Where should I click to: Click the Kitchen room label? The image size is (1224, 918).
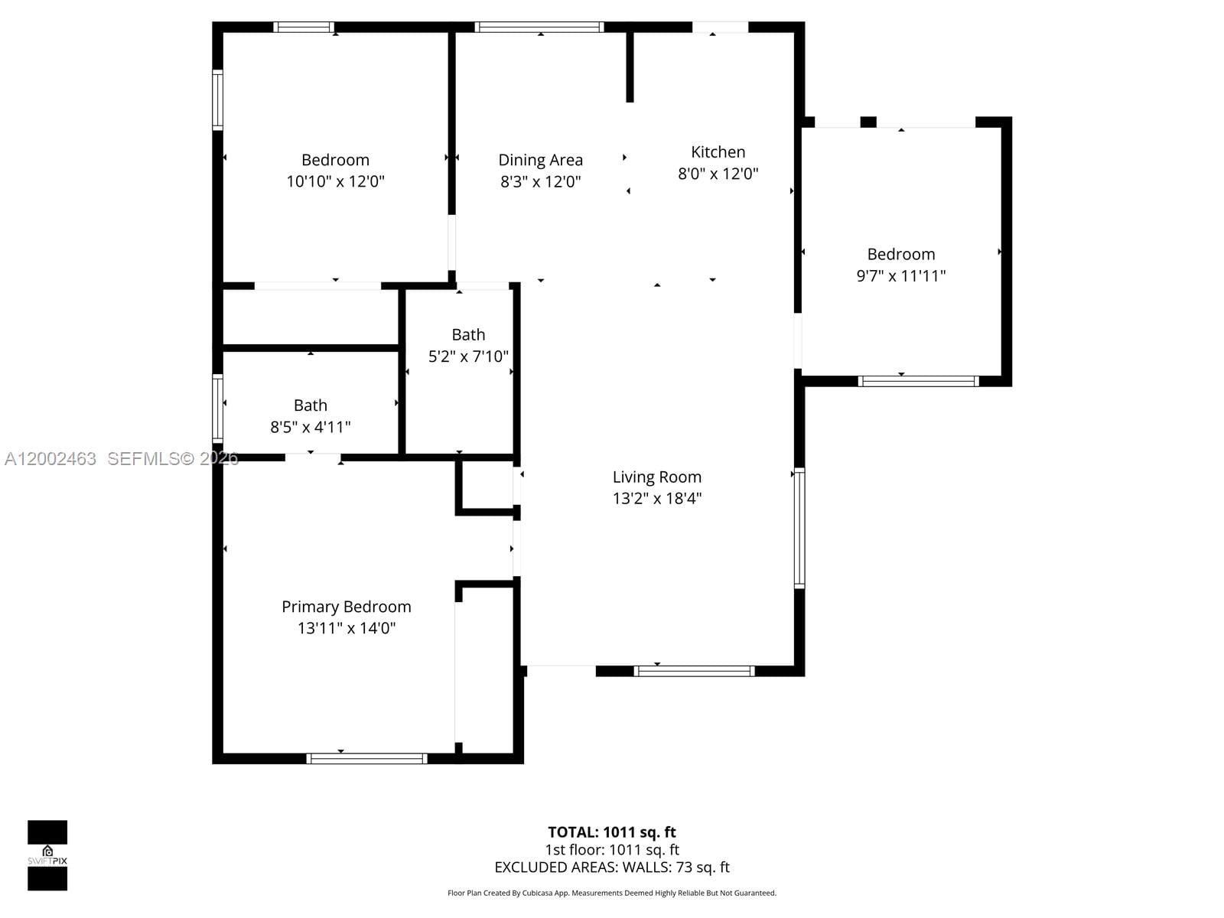pyautogui.click(x=718, y=152)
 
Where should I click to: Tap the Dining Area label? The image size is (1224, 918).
pyautogui.click(x=540, y=160)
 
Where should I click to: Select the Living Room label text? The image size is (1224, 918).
pyautogui.click(x=656, y=477)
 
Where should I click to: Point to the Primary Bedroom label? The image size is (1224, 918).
pyautogui.click(x=347, y=607)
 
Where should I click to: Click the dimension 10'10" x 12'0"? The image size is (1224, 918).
pyautogui.click(x=335, y=181)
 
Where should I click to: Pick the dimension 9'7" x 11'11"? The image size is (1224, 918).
pyautogui.click(x=900, y=275)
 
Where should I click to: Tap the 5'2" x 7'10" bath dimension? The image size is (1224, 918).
pyautogui.click(x=468, y=356)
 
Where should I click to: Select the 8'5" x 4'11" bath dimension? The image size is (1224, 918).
pyautogui.click(x=310, y=427)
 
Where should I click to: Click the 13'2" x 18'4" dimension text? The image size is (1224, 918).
pyautogui.click(x=656, y=499)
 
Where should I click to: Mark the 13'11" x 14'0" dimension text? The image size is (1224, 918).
pyautogui.click(x=347, y=628)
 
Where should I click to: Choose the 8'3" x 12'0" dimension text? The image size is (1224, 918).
pyautogui.click(x=540, y=181)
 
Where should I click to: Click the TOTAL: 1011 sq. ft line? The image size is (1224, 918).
pyautogui.click(x=612, y=832)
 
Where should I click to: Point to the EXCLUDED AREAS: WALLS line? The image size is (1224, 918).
pyautogui.click(x=612, y=868)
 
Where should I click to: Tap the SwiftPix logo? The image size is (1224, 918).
pyautogui.click(x=47, y=855)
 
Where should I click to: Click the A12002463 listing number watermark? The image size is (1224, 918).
pyautogui.click(x=50, y=459)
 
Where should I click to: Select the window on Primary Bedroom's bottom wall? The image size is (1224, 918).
pyautogui.click(x=366, y=759)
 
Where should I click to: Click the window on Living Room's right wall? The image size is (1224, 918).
pyautogui.click(x=799, y=528)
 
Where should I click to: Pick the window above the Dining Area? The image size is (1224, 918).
pyautogui.click(x=539, y=28)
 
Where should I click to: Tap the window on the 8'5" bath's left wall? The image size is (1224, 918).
pyautogui.click(x=217, y=409)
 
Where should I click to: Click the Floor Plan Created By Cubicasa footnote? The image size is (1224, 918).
pyautogui.click(x=612, y=893)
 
